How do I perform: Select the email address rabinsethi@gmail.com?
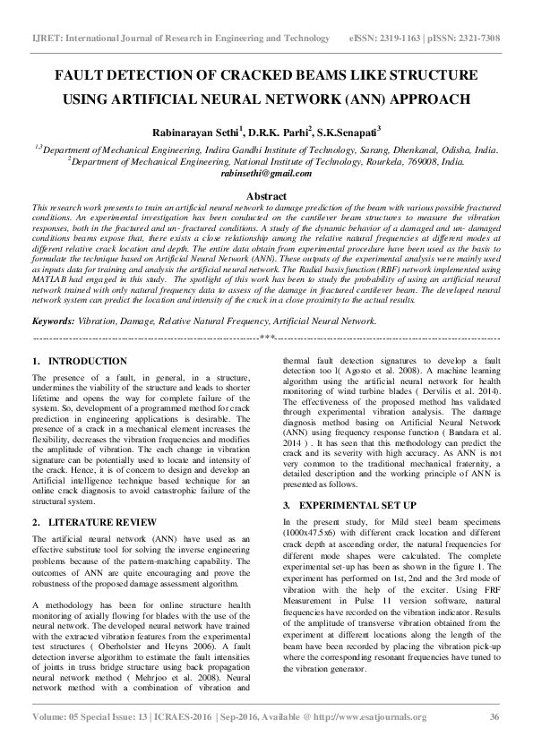point(266,176)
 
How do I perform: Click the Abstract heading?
point(266,196)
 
